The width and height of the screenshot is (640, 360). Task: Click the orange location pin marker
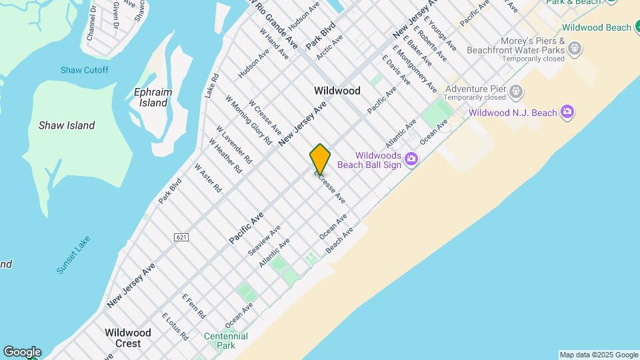point(320,159)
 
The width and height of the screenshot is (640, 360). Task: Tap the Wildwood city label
point(337,91)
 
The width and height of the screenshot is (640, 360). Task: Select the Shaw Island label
point(67,125)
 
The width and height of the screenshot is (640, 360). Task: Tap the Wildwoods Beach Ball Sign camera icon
point(411,159)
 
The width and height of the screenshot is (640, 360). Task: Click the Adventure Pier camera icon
point(516,90)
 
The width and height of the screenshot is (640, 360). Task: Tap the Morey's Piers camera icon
point(575,48)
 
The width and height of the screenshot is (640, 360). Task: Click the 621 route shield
point(181,237)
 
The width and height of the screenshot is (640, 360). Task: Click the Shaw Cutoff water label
point(84,70)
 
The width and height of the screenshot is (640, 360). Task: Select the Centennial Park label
point(225,341)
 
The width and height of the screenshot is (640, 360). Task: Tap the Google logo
point(22,352)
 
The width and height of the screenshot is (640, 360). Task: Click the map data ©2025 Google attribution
point(598,355)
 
